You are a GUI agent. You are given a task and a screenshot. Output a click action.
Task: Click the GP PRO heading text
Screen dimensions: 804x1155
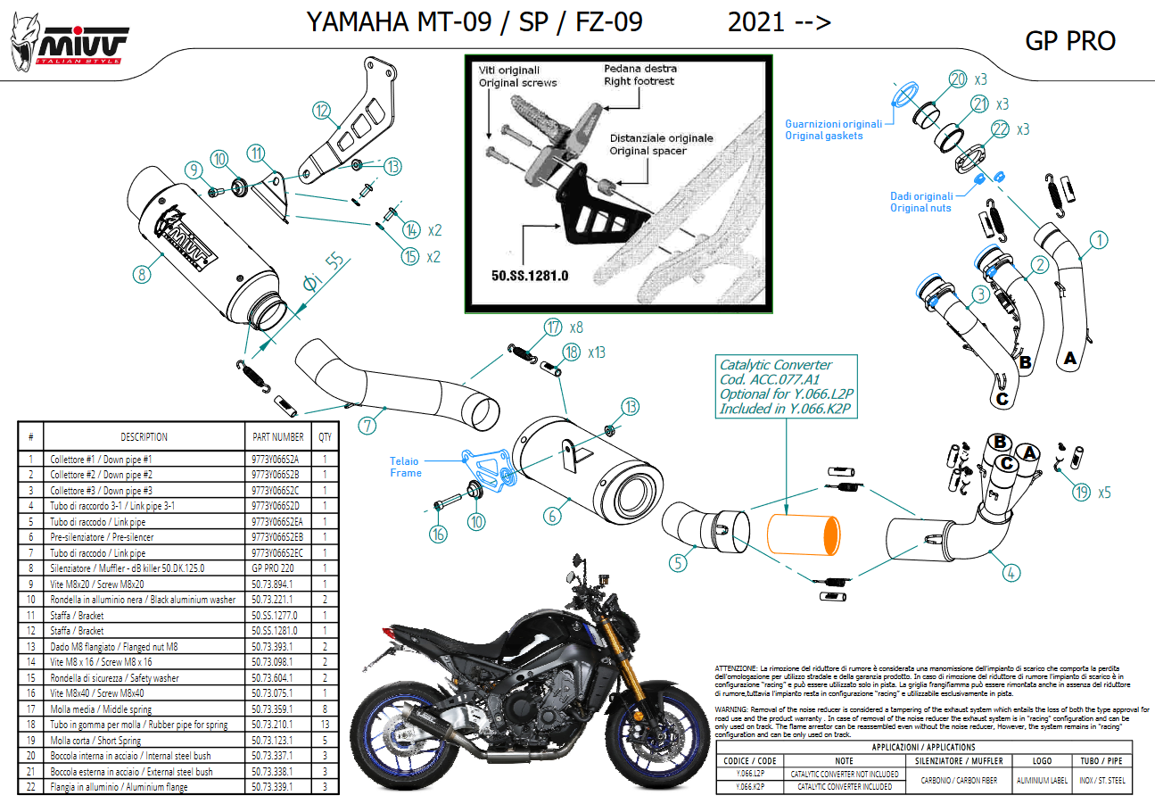(1070, 41)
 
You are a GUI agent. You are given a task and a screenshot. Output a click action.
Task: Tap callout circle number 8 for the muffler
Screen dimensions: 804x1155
(141, 274)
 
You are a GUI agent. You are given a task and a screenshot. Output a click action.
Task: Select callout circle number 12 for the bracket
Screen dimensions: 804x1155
(322, 112)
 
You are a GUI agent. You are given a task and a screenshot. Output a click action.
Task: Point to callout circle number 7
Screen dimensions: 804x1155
(367, 426)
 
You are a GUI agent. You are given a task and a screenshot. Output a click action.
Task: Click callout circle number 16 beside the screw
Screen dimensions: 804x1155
(437, 535)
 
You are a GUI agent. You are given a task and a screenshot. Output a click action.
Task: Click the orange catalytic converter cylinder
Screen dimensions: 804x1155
(803, 544)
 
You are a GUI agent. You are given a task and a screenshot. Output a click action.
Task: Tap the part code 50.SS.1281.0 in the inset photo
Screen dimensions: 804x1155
(529, 275)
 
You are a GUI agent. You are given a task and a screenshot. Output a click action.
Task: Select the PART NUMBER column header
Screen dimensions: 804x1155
(278, 437)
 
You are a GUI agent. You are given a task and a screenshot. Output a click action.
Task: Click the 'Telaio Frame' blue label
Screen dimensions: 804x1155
(404, 467)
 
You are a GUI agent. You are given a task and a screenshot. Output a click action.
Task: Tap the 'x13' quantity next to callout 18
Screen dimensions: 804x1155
(597, 352)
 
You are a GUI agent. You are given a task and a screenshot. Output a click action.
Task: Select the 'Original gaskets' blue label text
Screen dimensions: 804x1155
(824, 136)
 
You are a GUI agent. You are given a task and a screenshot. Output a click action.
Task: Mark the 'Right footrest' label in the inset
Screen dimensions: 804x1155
(639, 81)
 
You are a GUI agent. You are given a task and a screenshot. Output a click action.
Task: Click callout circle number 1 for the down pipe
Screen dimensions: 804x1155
(1100, 239)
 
